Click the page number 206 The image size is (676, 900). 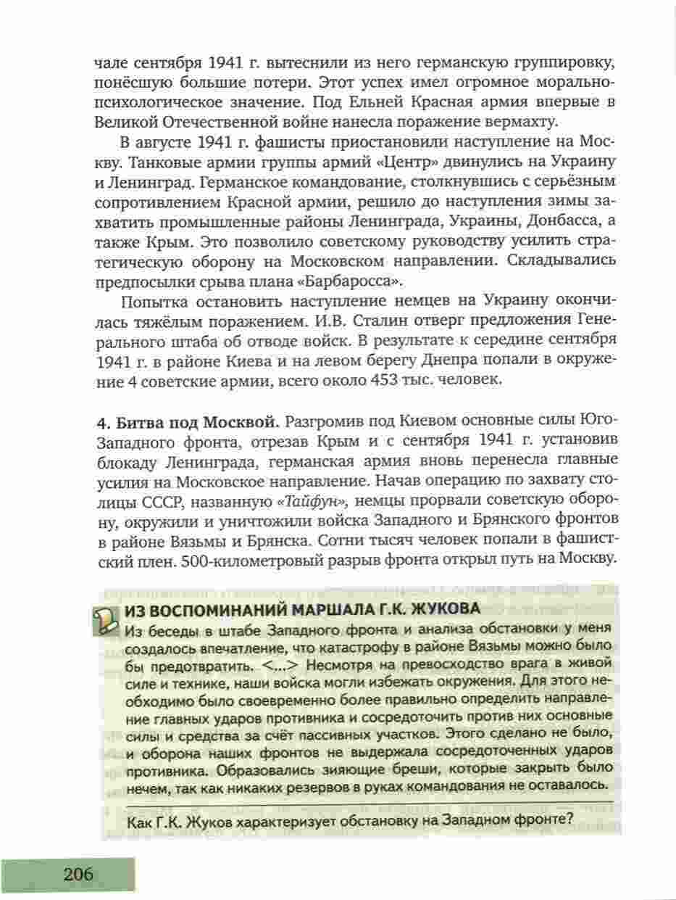coord(78,874)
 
